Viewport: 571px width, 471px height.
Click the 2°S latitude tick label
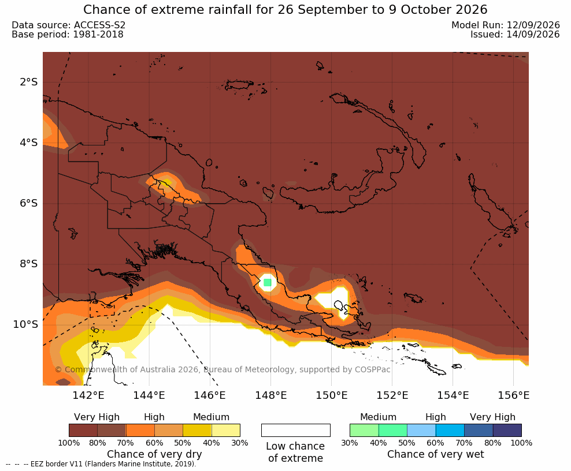click(29, 82)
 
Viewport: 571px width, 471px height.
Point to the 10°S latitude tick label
click(25, 324)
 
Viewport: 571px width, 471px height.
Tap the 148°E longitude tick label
click(270, 395)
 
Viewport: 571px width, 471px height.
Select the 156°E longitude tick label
click(513, 395)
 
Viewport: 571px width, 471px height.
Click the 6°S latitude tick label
click(29, 203)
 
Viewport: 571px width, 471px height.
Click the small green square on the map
click(267, 282)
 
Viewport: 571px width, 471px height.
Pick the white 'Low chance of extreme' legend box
click(296, 430)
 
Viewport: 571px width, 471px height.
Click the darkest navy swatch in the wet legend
click(507, 430)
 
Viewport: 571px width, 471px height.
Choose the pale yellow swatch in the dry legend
click(226, 430)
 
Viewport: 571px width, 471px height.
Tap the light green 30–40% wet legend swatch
click(364, 430)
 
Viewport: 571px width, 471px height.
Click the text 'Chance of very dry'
click(154, 455)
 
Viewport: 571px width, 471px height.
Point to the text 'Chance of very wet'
click(436, 455)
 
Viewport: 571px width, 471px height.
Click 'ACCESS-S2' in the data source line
click(99, 25)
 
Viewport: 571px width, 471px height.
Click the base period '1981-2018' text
click(98, 35)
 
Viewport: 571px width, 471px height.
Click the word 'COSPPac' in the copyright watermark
click(372, 369)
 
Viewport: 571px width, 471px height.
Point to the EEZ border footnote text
click(101, 465)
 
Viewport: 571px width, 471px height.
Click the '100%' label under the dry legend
click(69, 443)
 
